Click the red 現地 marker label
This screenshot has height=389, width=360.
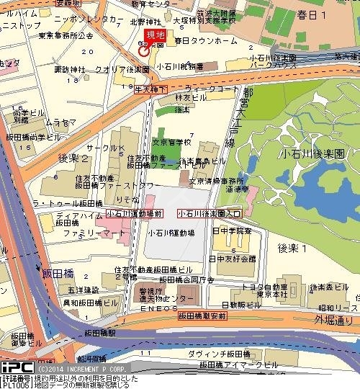coord(154,34)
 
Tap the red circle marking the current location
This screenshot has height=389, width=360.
coord(143,50)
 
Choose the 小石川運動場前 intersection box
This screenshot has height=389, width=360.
coord(133,213)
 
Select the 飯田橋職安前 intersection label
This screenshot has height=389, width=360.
coord(203,315)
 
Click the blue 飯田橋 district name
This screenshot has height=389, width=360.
coord(37,274)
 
